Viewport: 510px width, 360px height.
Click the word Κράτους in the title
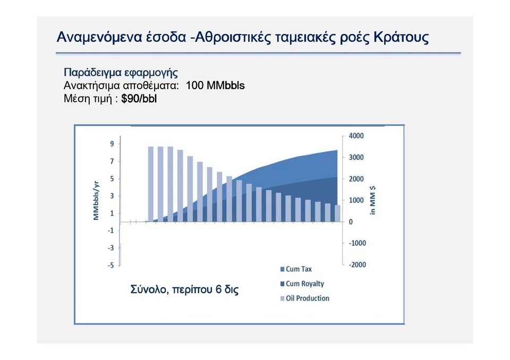(x=402, y=37)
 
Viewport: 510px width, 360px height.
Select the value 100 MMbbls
(x=215, y=85)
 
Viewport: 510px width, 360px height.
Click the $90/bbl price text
(x=139, y=99)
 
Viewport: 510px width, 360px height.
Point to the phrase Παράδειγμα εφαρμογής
(x=121, y=72)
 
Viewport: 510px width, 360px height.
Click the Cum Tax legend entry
(x=296, y=269)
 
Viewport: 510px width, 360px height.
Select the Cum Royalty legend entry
(x=302, y=284)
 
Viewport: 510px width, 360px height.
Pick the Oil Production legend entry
(x=305, y=298)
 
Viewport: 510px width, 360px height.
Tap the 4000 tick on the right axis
(x=356, y=136)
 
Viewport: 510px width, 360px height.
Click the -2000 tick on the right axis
(x=357, y=265)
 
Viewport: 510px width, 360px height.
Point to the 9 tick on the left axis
(x=112, y=144)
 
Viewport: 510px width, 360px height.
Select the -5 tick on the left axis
(x=111, y=265)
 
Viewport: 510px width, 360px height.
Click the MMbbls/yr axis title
(x=96, y=201)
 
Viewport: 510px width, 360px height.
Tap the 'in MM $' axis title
(x=373, y=200)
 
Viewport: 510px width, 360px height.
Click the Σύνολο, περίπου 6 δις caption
(x=184, y=289)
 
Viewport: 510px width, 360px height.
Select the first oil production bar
(x=151, y=184)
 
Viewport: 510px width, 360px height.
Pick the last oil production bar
(x=338, y=213)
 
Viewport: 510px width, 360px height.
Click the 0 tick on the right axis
(x=351, y=222)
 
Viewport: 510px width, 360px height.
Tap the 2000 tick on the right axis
(x=356, y=179)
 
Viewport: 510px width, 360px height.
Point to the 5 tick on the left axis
(x=112, y=178)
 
